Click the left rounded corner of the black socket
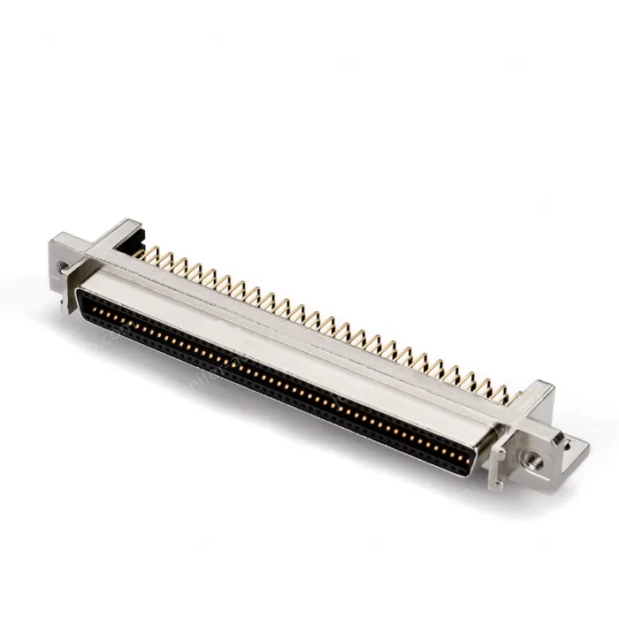[78, 301]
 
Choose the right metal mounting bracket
[539, 433]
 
